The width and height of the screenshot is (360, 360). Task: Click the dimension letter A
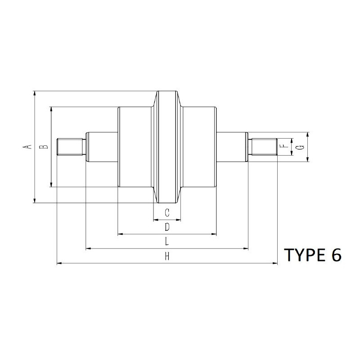coord(27,147)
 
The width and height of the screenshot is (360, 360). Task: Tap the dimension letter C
coord(167,213)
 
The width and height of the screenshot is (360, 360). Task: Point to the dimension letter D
coord(167,227)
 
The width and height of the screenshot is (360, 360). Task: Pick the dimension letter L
coord(167,242)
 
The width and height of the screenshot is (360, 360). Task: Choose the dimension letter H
coord(167,256)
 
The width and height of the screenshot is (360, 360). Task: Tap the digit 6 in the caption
coord(337,255)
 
